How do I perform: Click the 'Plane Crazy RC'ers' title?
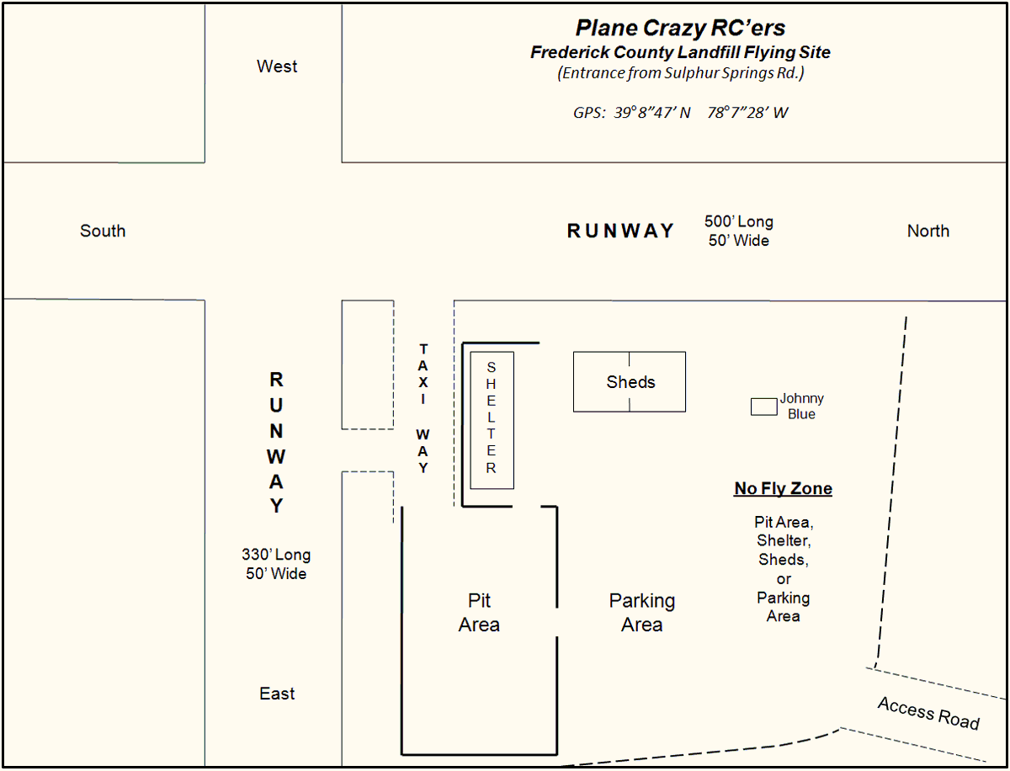[x=680, y=28]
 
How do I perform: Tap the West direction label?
[x=277, y=66]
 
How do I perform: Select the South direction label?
[x=103, y=231]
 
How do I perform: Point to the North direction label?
[x=928, y=231]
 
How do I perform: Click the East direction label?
[x=277, y=694]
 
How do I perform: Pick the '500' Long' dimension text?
[x=738, y=221]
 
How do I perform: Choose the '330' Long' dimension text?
[x=276, y=555]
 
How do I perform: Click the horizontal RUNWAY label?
[x=619, y=231]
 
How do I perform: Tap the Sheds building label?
[x=630, y=382]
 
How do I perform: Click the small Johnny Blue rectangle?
[x=764, y=407]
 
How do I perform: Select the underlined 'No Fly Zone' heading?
[x=783, y=488]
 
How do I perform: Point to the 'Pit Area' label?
[x=479, y=612]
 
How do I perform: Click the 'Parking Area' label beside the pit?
[x=642, y=612]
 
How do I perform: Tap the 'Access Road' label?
[x=928, y=714]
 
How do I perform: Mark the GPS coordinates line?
[x=680, y=113]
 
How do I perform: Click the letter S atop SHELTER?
[x=491, y=367]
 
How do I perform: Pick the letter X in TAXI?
[x=423, y=382]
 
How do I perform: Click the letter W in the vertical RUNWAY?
[x=276, y=457]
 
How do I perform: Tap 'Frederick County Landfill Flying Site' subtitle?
[x=680, y=52]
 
